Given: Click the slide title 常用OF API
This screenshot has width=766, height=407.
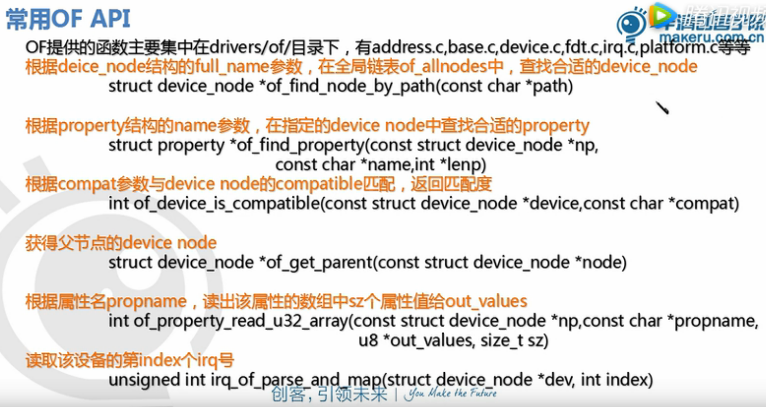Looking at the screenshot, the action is pyautogui.click(x=68, y=19).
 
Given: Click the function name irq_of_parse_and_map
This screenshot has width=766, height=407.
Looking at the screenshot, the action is pyautogui.click(x=296, y=380).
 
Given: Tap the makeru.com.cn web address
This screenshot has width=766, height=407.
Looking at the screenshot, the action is pyautogui.click(x=711, y=37).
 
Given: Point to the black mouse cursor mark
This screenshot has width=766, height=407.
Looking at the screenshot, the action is pyautogui.click(x=662, y=108).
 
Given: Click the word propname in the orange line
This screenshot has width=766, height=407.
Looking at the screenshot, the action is pyautogui.click(x=147, y=302).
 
